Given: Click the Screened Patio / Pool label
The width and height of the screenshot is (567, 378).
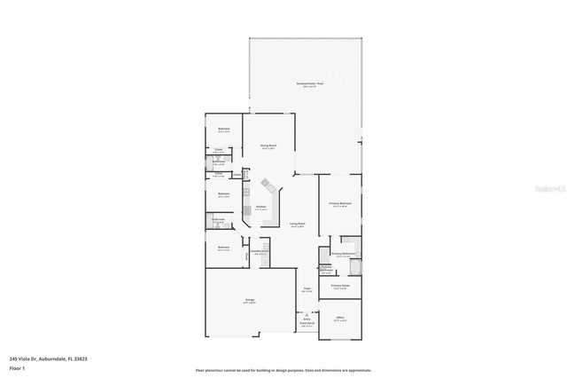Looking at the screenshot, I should tap(305, 85).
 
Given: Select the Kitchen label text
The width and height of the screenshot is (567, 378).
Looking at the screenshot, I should tap(260, 207).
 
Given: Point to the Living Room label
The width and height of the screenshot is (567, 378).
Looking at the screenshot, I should tap(298, 224).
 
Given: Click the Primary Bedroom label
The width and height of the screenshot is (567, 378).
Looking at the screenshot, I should tap(341, 204).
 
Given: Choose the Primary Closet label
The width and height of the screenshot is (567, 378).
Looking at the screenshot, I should tap(340, 286).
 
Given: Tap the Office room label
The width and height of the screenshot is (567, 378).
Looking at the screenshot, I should tap(339, 318).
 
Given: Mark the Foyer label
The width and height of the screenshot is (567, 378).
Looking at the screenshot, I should tap(307, 288).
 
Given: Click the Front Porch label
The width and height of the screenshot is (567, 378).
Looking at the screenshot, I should tap(307, 324).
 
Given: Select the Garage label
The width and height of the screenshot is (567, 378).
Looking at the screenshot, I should tap(250, 301).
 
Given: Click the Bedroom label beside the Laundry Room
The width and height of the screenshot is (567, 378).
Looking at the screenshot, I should tap(224, 248).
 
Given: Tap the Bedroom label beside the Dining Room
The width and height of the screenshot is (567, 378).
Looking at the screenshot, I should tap(224, 130).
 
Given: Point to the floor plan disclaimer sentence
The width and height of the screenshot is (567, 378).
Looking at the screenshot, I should tap(283, 369).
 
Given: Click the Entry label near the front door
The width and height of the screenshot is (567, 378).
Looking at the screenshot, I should tap(307, 319).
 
